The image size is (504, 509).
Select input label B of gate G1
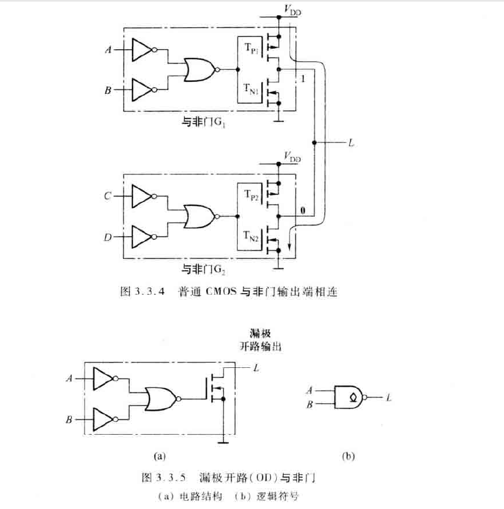click(108, 91)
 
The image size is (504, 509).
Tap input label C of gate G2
click(108, 197)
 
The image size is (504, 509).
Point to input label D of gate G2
click(108, 237)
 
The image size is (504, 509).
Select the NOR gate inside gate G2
click(197, 217)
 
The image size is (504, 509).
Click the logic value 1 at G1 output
click(303, 79)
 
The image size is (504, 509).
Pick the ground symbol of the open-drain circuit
click(221, 442)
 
